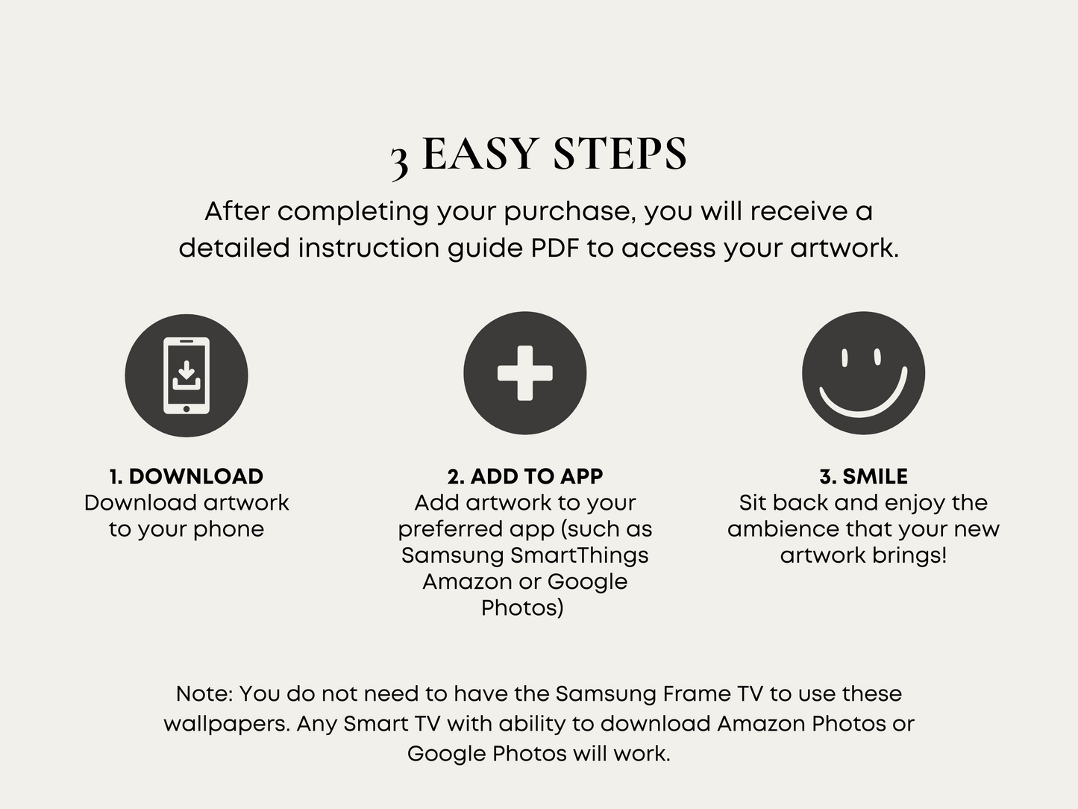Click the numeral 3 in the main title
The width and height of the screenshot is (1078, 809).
coord(399,163)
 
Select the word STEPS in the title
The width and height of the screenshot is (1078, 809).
coord(620,154)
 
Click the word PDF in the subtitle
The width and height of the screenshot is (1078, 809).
coord(556,248)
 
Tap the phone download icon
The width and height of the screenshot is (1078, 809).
coord(187,375)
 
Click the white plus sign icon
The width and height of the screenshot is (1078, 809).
coord(525,373)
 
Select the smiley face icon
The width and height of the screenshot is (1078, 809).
coord(863,373)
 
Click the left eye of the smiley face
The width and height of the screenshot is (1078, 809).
coord(844,357)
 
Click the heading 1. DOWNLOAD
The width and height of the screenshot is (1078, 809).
coord(187,476)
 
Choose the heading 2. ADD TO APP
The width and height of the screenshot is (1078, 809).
coord(525,476)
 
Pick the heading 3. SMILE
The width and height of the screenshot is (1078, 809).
coord(863,476)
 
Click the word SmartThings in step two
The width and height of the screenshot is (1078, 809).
coord(580,555)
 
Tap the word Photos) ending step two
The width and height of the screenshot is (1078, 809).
coord(522,608)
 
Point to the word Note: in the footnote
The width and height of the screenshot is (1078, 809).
coord(205,694)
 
